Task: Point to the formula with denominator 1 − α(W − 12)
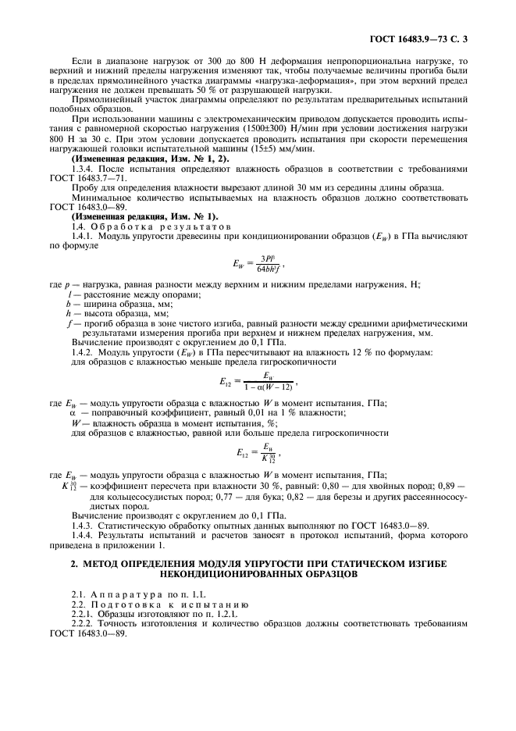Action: pyautogui.click(x=257, y=383)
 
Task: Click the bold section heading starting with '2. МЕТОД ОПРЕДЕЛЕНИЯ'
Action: pyautogui.click(x=258, y=567)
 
